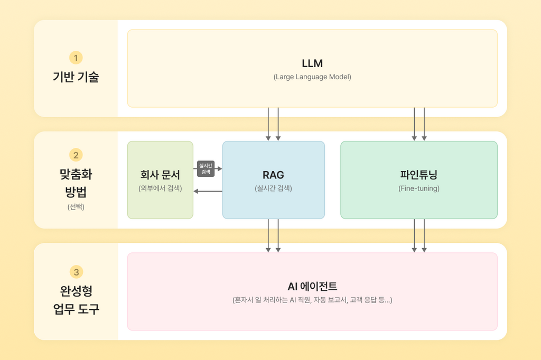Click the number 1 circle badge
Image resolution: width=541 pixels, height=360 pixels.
76,58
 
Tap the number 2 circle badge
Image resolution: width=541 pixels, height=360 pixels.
76,155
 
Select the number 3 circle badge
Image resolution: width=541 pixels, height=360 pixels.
76,272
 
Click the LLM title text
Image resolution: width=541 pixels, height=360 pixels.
312,63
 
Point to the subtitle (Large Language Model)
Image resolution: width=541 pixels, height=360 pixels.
312,77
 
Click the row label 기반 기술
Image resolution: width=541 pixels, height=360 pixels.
76,77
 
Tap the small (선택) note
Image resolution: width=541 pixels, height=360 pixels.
76,206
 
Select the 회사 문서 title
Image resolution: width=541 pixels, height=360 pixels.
160,175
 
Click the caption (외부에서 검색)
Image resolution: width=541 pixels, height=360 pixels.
160,188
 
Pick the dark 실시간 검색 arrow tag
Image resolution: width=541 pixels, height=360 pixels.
206,168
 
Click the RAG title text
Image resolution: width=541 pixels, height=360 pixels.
273,175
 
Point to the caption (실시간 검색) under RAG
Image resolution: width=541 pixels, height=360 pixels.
273,188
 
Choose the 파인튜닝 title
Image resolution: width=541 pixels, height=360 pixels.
419,175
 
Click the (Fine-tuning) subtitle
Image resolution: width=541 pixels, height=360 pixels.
419,188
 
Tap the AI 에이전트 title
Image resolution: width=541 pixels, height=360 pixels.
312,287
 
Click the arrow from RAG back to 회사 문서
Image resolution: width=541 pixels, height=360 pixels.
208,191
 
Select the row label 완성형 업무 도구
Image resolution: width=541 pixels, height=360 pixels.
76,300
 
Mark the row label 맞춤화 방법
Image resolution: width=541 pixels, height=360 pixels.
76,183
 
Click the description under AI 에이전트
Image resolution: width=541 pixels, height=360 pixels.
312,300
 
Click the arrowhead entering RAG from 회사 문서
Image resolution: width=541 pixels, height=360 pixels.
220,168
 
